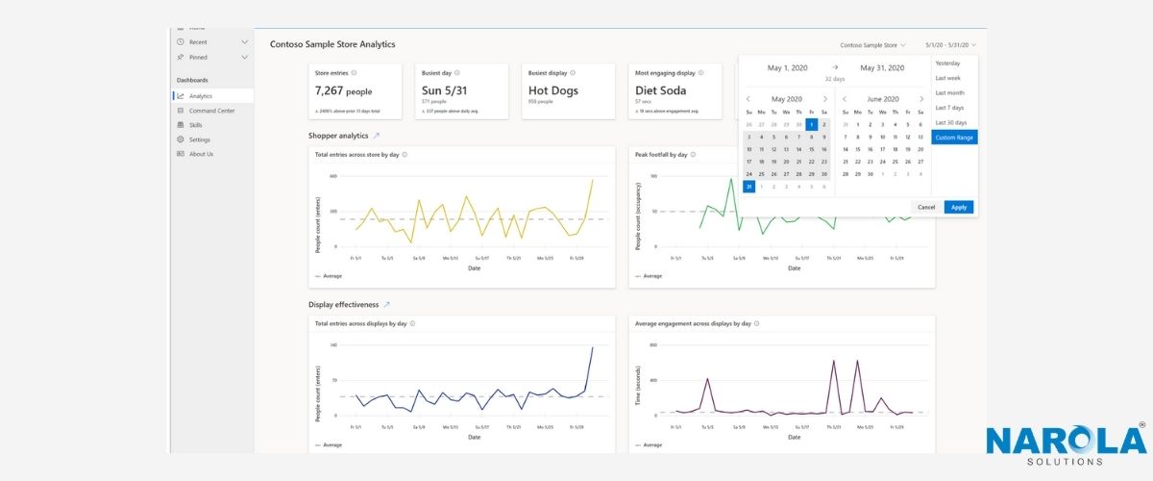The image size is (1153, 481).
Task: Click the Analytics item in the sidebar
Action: [x=201, y=96]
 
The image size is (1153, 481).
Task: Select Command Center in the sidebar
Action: [x=211, y=111]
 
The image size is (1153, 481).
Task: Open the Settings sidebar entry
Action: [x=200, y=139]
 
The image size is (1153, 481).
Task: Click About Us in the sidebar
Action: [x=201, y=154]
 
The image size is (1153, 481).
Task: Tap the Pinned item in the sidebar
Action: [x=198, y=58]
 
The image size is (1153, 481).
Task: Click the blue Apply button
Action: [x=958, y=207]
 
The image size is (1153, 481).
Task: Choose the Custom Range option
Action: [x=954, y=138]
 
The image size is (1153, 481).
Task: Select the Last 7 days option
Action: [x=949, y=108]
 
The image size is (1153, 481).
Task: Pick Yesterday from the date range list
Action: [x=947, y=63]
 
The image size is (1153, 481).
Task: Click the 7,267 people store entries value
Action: [x=343, y=91]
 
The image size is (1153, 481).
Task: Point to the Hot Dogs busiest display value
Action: [x=553, y=91]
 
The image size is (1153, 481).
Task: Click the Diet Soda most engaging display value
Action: [x=660, y=91]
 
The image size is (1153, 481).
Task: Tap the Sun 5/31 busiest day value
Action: [x=445, y=91]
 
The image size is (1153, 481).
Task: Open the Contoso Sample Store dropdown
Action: [x=872, y=45]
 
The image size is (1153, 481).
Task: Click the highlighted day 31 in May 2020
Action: [x=749, y=187]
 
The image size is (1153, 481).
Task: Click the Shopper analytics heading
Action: [x=338, y=136]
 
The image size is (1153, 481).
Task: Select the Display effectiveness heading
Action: [x=343, y=304]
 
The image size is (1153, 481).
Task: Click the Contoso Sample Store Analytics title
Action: [x=331, y=44]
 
